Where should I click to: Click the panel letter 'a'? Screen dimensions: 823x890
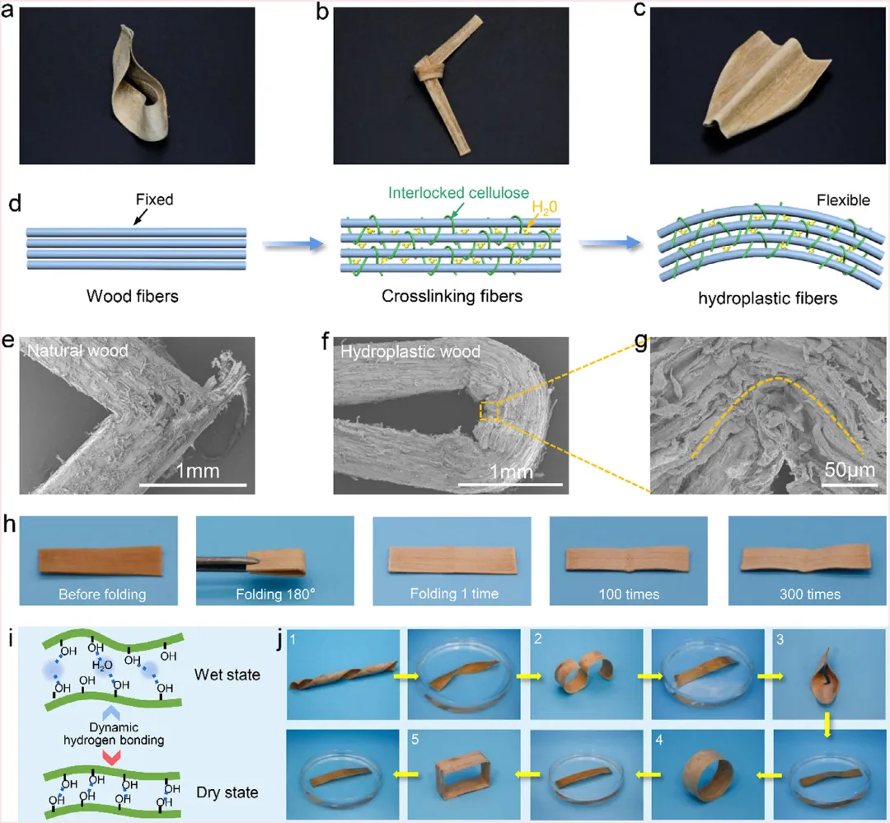click(x=9, y=15)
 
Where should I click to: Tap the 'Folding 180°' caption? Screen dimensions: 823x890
click(x=274, y=594)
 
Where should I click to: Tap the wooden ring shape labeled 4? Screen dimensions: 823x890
click(x=703, y=777)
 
